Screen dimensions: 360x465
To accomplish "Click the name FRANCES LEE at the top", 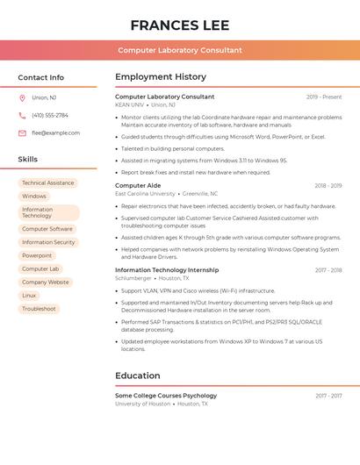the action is pyautogui.click(x=179, y=25).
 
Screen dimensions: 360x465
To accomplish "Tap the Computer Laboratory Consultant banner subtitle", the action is pyautogui.click(x=179, y=50).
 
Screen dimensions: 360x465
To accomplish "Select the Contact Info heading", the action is pyautogui.click(x=40, y=77).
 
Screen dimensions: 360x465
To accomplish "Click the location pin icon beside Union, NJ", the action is pyautogui.click(x=22, y=97).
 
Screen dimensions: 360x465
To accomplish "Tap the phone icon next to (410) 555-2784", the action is pyautogui.click(x=22, y=115).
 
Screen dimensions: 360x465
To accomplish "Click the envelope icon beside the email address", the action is pyautogui.click(x=22, y=133).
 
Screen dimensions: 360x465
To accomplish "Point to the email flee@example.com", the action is pyautogui.click(x=55, y=133).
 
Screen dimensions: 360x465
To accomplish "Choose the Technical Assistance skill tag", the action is pyautogui.click(x=47, y=182).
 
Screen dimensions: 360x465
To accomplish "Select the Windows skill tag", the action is pyautogui.click(x=34, y=196).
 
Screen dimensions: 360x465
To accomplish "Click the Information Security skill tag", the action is pyautogui.click(x=48, y=242).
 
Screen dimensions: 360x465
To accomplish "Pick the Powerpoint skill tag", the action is pyautogui.click(x=37, y=255).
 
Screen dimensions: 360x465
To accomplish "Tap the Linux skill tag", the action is pyautogui.click(x=30, y=296).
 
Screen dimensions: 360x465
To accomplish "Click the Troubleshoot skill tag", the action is pyautogui.click(x=39, y=309).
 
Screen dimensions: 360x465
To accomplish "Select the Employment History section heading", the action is pyautogui.click(x=161, y=77).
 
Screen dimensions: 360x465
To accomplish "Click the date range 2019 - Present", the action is pyautogui.click(x=323, y=97).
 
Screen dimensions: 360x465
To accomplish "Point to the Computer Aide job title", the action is pyautogui.click(x=138, y=185).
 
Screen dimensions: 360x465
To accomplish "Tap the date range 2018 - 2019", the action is pyautogui.click(x=328, y=186).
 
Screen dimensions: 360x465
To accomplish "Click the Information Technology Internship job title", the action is pyautogui.click(x=167, y=270).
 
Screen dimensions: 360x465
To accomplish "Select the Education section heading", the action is pyautogui.click(x=137, y=376).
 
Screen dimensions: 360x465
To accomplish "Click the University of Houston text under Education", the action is pyautogui.click(x=142, y=404).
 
